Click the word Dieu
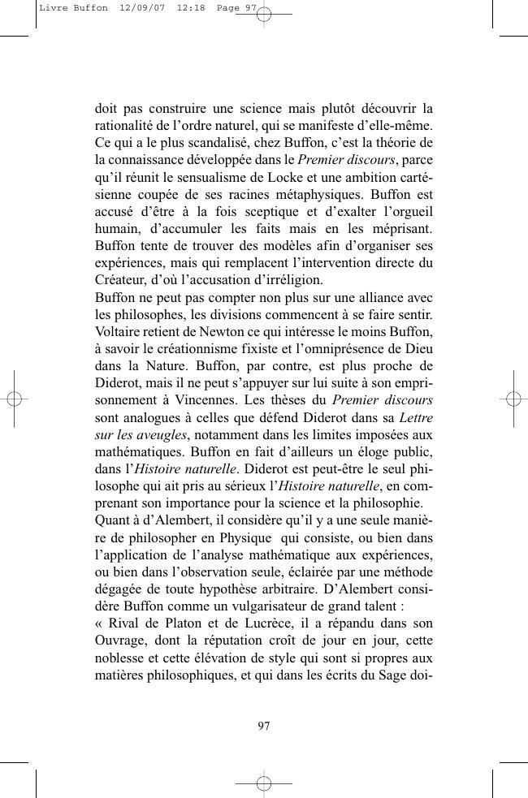click(x=418, y=349)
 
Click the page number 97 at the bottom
click(x=263, y=726)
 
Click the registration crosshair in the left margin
click(x=14, y=399)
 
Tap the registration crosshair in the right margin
click(x=513, y=399)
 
